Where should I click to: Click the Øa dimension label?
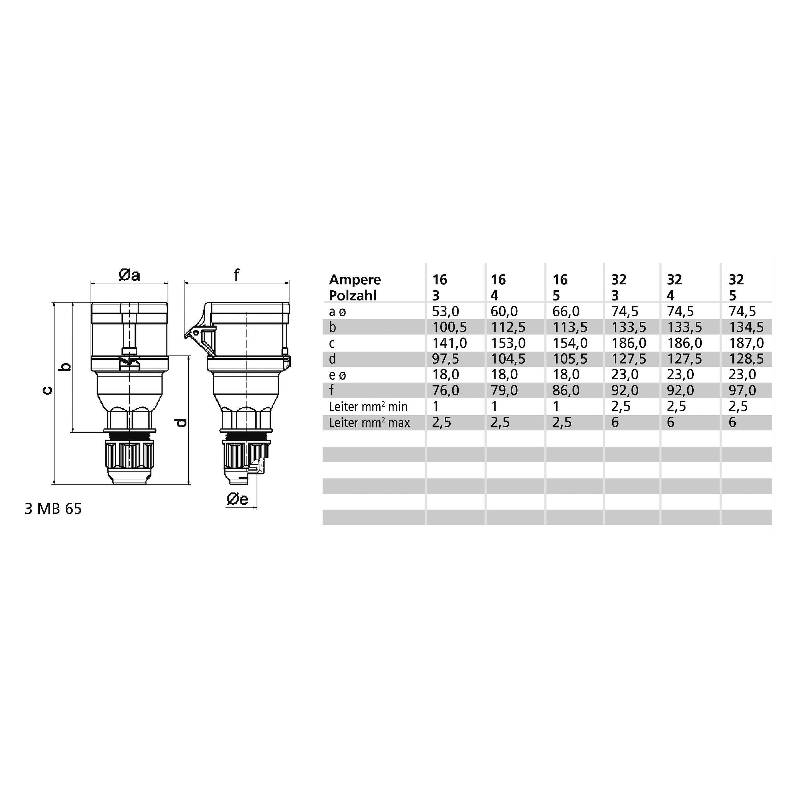(129, 276)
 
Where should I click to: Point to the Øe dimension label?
(237, 499)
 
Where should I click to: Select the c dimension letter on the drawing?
(48, 390)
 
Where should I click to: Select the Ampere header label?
(355, 280)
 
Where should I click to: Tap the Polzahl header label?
(353, 295)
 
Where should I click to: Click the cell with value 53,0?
(446, 311)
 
